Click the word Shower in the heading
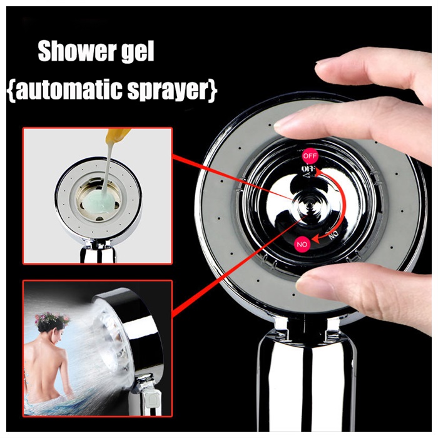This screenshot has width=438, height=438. [76, 51]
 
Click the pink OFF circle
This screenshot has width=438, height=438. [310, 156]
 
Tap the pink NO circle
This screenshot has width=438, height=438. [302, 245]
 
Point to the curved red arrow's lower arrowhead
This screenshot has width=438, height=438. [315, 239]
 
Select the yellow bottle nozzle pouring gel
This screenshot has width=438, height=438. [116, 134]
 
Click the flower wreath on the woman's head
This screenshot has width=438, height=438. [52, 319]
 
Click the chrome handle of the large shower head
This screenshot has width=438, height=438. [307, 385]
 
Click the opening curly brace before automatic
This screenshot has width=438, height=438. [12, 91]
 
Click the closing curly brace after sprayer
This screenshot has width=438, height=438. [213, 91]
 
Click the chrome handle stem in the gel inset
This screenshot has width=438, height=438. [98, 253]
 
